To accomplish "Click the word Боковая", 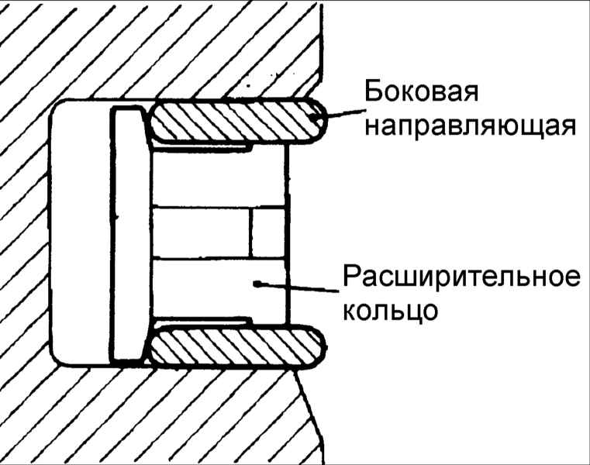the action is [x=421, y=91].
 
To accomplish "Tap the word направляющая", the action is [x=471, y=127].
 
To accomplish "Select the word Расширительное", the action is [x=461, y=278].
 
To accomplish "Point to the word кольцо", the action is [x=390, y=311].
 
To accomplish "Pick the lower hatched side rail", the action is [x=237, y=347].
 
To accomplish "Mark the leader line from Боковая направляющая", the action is [x=337, y=114].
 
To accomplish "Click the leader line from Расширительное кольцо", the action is [x=297, y=288].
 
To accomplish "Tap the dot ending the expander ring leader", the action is [x=257, y=284].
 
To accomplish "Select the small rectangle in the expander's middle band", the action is [x=268, y=232].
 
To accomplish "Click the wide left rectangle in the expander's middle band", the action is [x=201, y=232].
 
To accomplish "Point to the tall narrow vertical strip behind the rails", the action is [x=128, y=233].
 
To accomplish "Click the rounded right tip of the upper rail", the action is [x=320, y=120].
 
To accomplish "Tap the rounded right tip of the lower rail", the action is [x=320, y=347].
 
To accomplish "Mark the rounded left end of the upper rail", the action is [x=155, y=121].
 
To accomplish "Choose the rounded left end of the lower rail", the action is [x=155, y=347].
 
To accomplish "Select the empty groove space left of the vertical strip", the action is [x=81, y=232].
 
